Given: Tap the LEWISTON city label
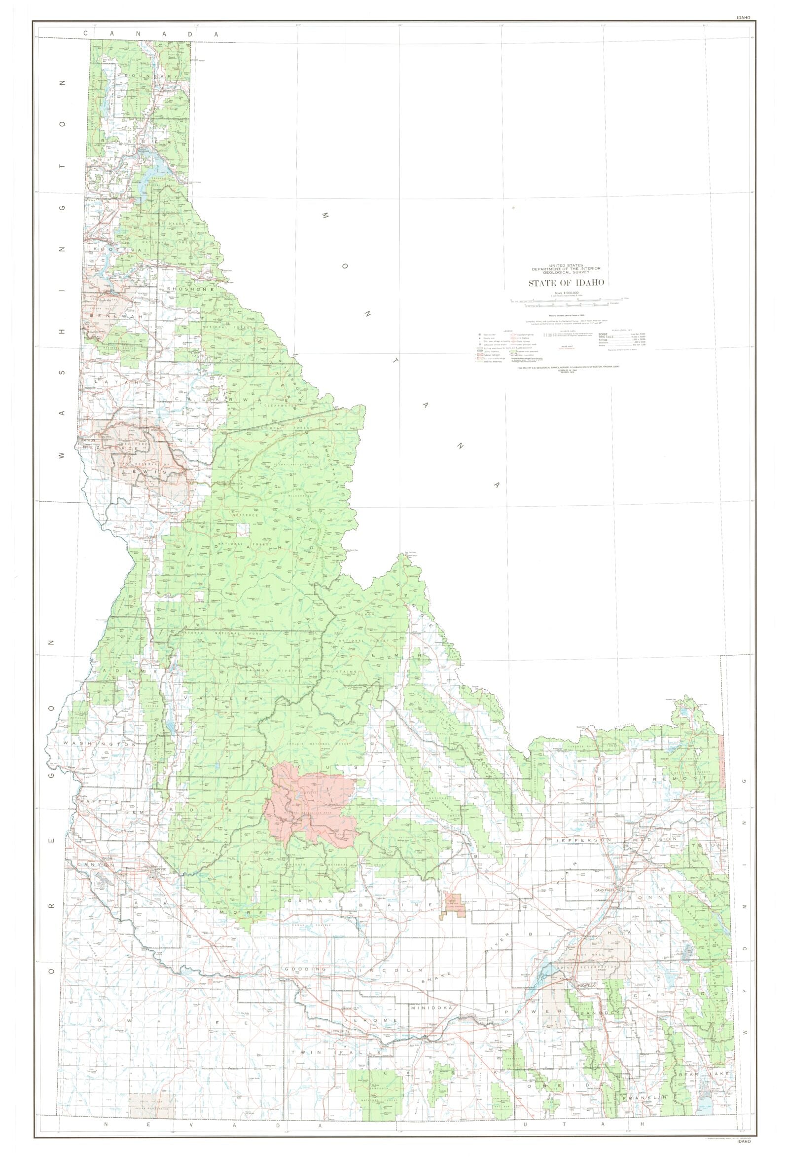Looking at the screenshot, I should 88,441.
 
